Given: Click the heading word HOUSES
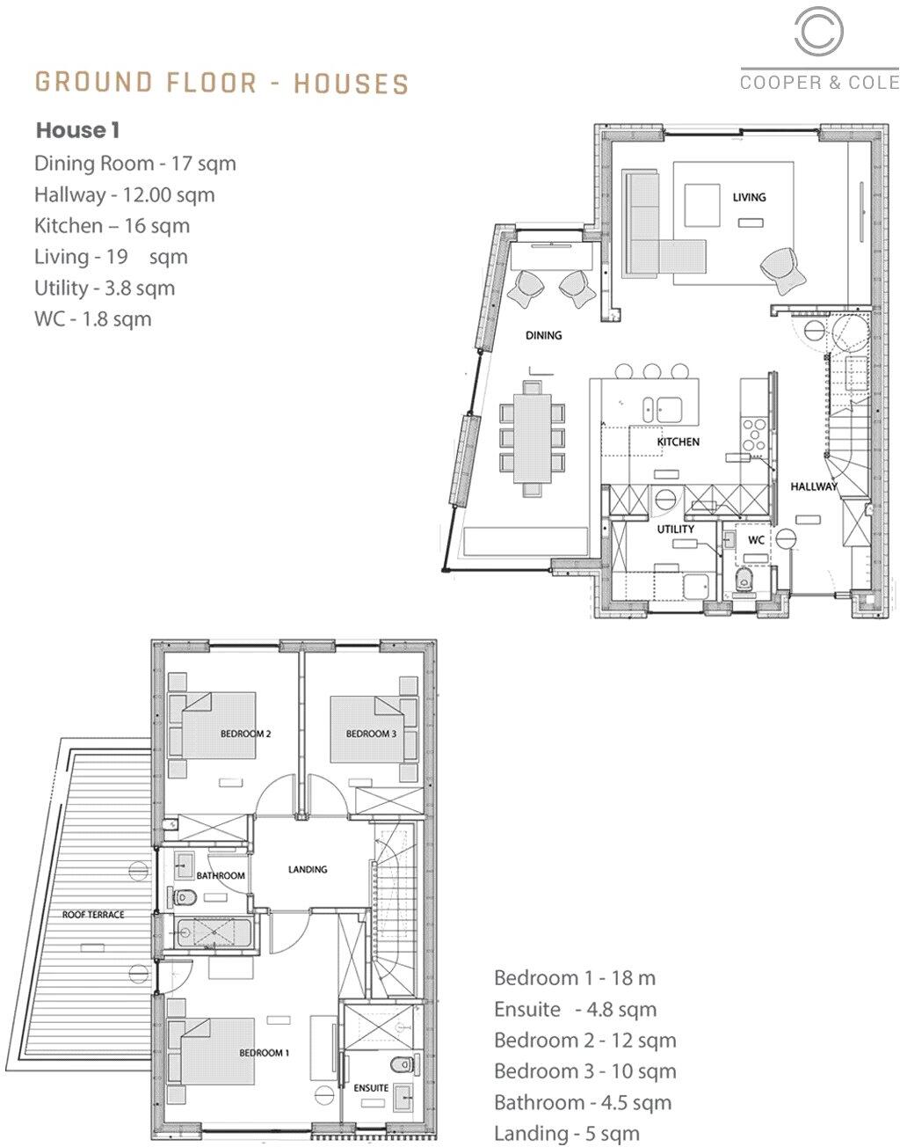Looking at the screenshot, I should pos(351,84).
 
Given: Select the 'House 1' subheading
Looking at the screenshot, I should pos(77,131).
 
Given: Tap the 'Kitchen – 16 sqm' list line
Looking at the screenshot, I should pos(112,226).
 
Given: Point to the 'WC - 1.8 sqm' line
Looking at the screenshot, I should pos(92,318).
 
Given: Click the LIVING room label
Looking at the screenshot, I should pos(749,197).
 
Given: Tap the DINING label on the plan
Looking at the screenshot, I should pos(543,335).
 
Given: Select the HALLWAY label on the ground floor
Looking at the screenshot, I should pos(813,486).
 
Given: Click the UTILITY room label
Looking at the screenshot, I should pos(675,530).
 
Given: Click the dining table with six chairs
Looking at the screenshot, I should pos(530,437).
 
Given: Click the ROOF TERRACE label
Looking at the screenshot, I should pos(93,915).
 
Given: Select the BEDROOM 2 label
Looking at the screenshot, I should pos(245,734).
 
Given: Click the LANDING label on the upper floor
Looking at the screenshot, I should pos(308,869).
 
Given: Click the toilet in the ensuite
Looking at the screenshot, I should pos(403,1063).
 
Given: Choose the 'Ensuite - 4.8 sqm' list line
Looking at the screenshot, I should pos(575,1010).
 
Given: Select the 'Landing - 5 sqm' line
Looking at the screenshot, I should pos(566,1134).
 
